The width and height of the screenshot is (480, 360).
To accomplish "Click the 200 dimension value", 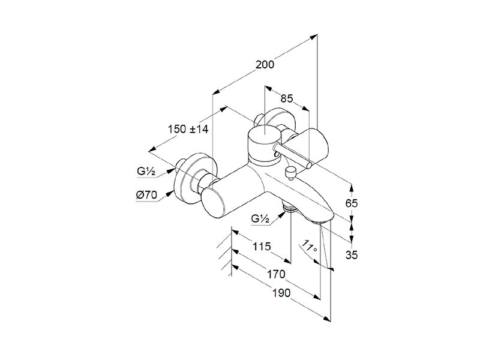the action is click(x=265, y=65).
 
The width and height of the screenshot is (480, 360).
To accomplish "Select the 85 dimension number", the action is click(x=287, y=98).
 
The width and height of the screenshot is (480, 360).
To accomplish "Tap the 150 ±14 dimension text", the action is click(x=188, y=129).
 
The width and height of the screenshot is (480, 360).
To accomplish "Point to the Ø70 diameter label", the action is click(x=146, y=195).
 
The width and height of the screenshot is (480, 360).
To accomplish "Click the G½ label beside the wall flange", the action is click(x=146, y=172).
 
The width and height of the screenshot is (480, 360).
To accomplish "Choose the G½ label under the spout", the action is click(x=260, y=219).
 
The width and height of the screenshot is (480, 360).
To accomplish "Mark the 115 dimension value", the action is click(x=262, y=246).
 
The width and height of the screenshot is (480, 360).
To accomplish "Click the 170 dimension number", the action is click(x=276, y=274).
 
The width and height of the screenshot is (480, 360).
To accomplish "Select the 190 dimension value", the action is click(x=281, y=293).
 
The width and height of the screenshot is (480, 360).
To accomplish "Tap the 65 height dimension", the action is click(x=352, y=203).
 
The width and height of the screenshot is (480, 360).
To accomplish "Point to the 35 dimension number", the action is click(x=352, y=254).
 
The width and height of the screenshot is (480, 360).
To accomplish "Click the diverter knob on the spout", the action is click(x=290, y=173).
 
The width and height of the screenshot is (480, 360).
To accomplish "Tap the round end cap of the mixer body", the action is click(x=213, y=203).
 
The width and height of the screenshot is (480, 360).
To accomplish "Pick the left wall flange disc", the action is click(x=194, y=178).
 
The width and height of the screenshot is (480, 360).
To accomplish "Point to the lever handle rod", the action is click(x=294, y=157).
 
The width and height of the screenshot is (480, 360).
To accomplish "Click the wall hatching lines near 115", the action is click(x=224, y=253).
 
